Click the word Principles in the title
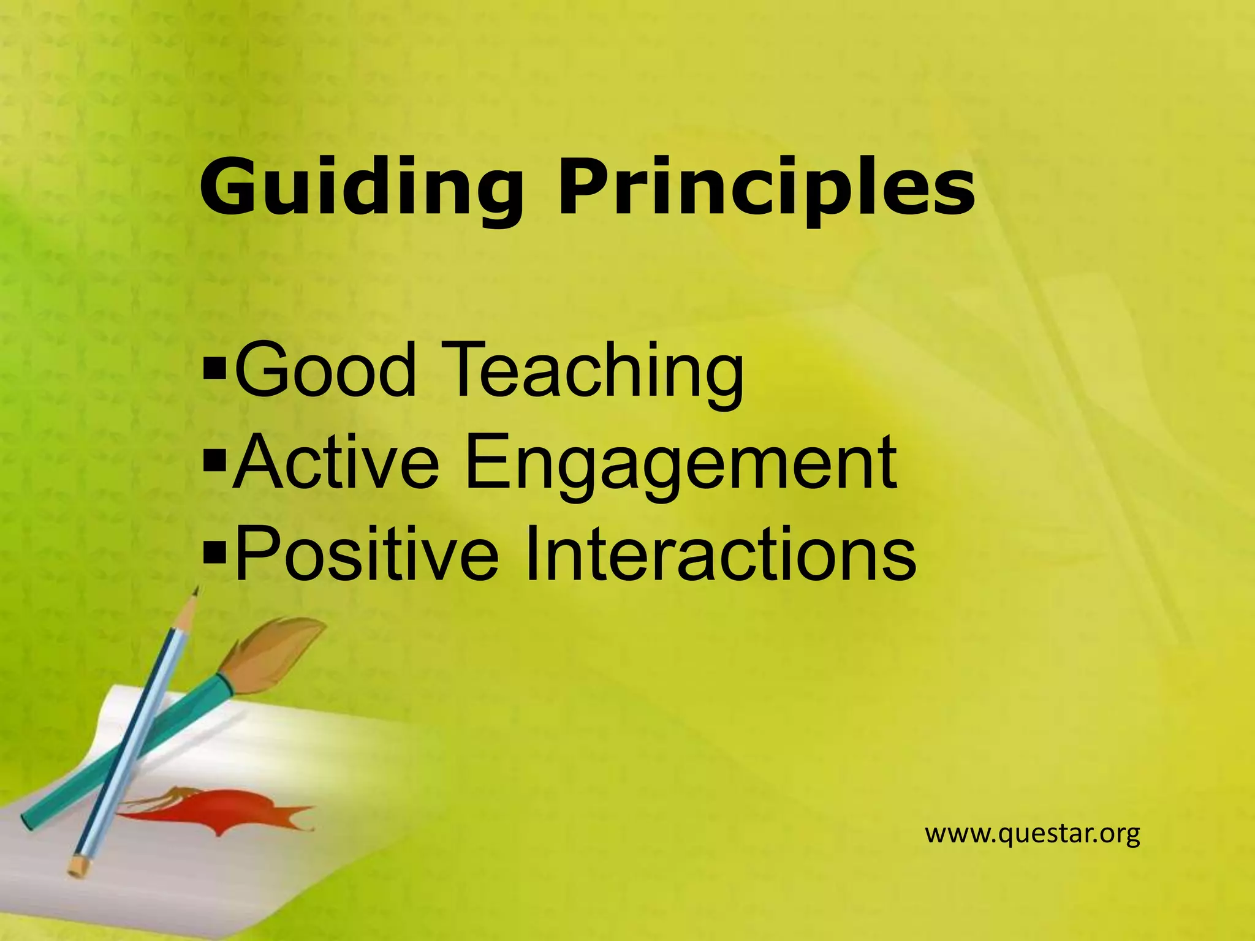[x=766, y=187]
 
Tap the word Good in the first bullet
[x=325, y=371]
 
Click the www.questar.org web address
[x=1032, y=834]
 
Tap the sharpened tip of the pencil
[x=195, y=591]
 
